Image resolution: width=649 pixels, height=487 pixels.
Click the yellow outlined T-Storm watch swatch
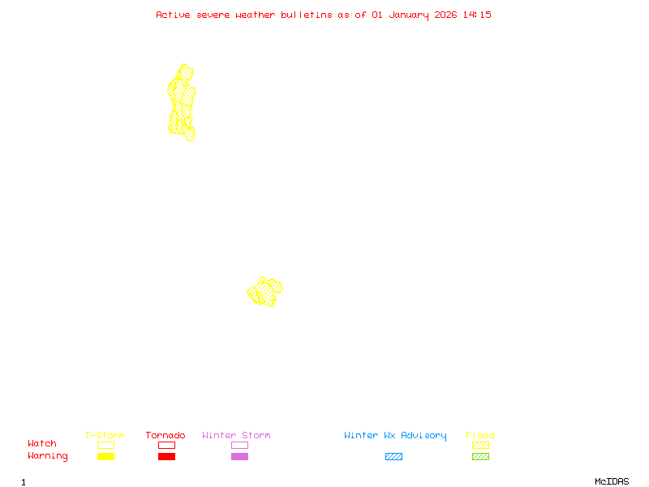click(x=105, y=445)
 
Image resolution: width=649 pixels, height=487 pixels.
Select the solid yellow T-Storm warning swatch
click(x=105, y=457)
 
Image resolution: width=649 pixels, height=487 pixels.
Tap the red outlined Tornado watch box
click(x=166, y=445)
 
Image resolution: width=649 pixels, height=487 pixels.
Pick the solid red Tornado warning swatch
click(x=166, y=457)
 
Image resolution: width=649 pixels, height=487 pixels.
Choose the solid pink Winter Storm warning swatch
click(x=239, y=457)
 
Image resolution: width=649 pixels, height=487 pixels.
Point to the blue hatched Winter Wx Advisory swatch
click(x=393, y=457)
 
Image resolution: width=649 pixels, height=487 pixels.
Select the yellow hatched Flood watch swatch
click(x=480, y=445)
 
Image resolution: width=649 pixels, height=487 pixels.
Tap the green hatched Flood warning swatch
click(x=480, y=457)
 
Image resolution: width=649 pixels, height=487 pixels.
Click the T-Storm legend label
click(x=105, y=436)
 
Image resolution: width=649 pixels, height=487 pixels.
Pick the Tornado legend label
click(x=165, y=436)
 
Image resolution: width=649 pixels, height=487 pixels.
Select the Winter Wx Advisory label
click(x=395, y=436)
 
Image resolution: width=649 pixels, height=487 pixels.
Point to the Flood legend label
click(x=480, y=436)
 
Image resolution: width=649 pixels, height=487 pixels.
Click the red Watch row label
click(x=42, y=444)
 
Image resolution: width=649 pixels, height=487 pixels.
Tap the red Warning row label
click(x=48, y=456)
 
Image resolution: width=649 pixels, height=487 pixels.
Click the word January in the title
click(x=406, y=15)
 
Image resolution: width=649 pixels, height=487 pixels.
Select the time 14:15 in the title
click(x=477, y=15)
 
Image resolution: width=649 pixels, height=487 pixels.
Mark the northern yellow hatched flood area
click(x=182, y=101)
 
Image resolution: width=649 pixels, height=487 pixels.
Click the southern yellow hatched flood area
click(x=264, y=291)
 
